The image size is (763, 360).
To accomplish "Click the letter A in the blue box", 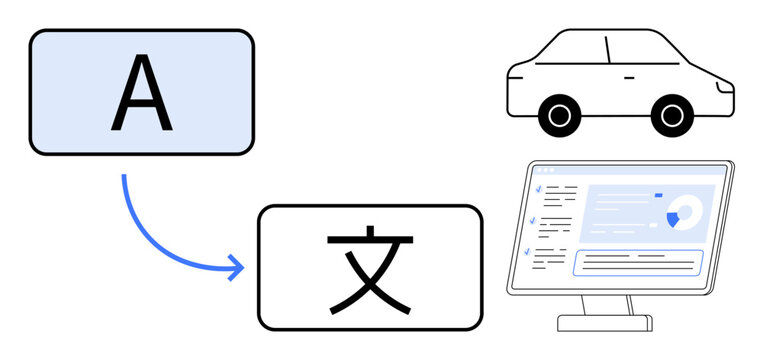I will pos(141,93).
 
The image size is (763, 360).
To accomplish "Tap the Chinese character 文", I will pos(370,268).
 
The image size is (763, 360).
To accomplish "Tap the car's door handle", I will pos(628,77).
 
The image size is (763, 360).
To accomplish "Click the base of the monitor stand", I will pos(604,323).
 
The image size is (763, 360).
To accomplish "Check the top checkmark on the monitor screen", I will pos(539,187).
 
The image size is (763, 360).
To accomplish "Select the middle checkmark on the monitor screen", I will pos(534,220).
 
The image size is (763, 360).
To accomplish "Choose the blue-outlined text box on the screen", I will pos(637,262).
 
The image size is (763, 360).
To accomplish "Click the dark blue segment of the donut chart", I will pos(673,217).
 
